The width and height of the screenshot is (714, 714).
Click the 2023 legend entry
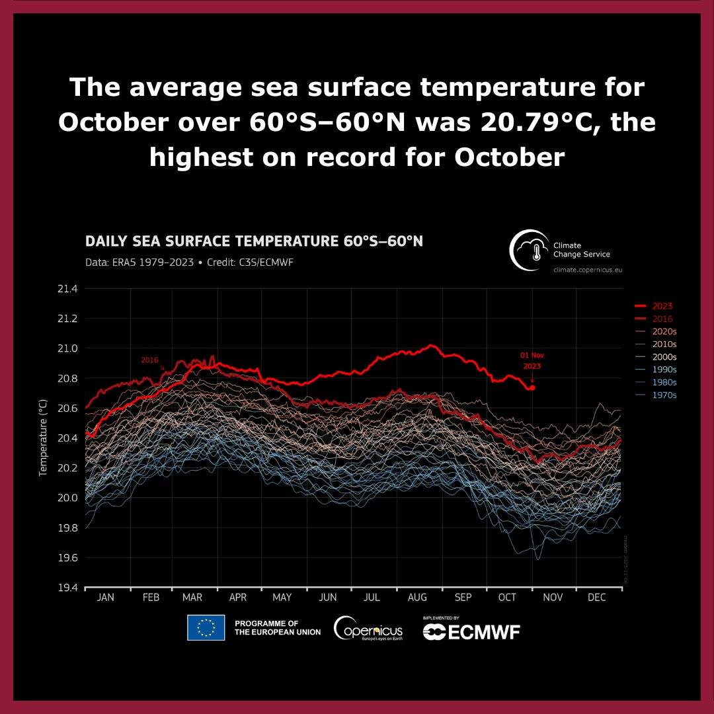[662, 306]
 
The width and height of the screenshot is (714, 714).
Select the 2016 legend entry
[662, 319]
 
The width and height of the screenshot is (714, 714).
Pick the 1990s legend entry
[663, 370]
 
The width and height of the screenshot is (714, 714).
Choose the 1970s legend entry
[663, 395]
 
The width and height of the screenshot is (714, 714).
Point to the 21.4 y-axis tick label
[68, 289]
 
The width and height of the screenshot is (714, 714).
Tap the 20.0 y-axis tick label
[68, 498]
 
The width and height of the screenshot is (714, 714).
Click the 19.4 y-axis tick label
[68, 588]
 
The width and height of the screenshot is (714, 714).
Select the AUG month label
[417, 598]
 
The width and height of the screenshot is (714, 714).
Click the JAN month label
[106, 598]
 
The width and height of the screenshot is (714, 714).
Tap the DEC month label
[596, 598]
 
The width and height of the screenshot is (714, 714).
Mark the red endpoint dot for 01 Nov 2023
[532, 387]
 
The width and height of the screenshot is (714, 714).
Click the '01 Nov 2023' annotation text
[532, 360]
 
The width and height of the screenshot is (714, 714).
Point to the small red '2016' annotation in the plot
[150, 360]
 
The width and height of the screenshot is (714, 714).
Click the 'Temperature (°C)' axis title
[43, 438]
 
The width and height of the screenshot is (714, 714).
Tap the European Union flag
[206, 628]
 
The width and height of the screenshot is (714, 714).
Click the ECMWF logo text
[471, 631]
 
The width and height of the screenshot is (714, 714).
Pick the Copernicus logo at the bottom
[368, 628]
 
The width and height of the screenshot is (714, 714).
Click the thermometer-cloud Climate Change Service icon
[530, 250]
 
